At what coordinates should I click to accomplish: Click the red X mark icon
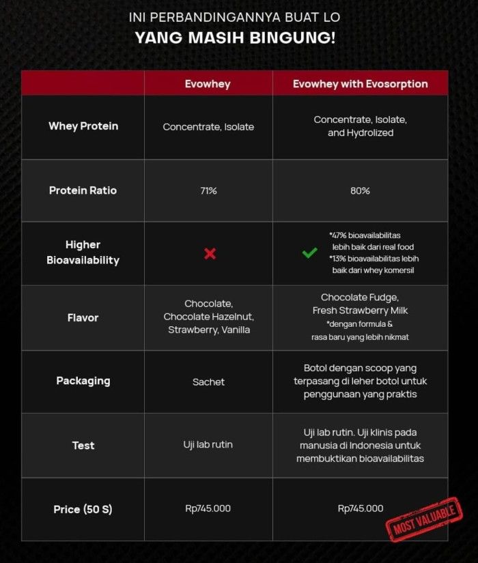click(x=210, y=254)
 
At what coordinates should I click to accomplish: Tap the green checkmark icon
click(x=309, y=253)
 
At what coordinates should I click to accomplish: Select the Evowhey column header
click(x=208, y=84)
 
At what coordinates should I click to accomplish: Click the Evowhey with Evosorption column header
click(x=360, y=84)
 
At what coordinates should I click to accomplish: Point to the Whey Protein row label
click(x=83, y=126)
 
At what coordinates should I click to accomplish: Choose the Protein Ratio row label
click(x=83, y=190)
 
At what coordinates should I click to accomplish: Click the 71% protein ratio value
click(x=208, y=191)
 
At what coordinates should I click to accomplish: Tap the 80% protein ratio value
click(x=360, y=191)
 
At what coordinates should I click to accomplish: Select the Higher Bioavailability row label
click(x=83, y=252)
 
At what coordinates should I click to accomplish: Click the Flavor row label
click(x=83, y=317)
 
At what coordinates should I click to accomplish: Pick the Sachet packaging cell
click(x=208, y=382)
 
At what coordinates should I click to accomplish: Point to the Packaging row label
click(x=83, y=381)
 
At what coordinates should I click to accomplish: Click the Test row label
click(x=83, y=446)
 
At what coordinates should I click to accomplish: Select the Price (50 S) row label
click(x=83, y=509)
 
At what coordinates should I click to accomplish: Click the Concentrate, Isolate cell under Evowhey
click(x=208, y=127)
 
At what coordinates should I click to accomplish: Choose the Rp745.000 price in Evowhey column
click(x=208, y=508)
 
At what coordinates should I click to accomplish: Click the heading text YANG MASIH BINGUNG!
click(x=235, y=38)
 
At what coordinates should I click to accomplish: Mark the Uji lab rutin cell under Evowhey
click(x=208, y=445)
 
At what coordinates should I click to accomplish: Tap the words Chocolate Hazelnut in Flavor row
click(x=208, y=317)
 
